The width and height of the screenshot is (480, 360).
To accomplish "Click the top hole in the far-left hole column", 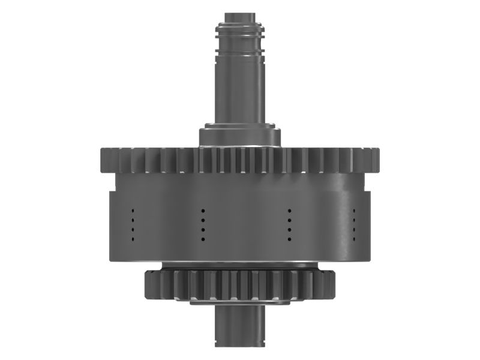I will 133,211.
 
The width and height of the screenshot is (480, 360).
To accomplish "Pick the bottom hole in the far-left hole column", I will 133,239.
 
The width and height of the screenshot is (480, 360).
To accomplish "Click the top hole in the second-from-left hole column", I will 203,211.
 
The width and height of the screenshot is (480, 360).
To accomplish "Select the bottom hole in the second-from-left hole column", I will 203,239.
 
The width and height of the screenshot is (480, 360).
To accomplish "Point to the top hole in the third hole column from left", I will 289,211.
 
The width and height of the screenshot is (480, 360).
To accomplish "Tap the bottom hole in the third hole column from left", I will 289,239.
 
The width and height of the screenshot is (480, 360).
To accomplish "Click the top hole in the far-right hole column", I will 355,211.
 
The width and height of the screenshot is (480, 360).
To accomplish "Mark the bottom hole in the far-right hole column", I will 355,239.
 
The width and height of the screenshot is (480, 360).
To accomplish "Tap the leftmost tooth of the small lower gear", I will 149,284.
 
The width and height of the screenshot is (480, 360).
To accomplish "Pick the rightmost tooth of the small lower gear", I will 331,284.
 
